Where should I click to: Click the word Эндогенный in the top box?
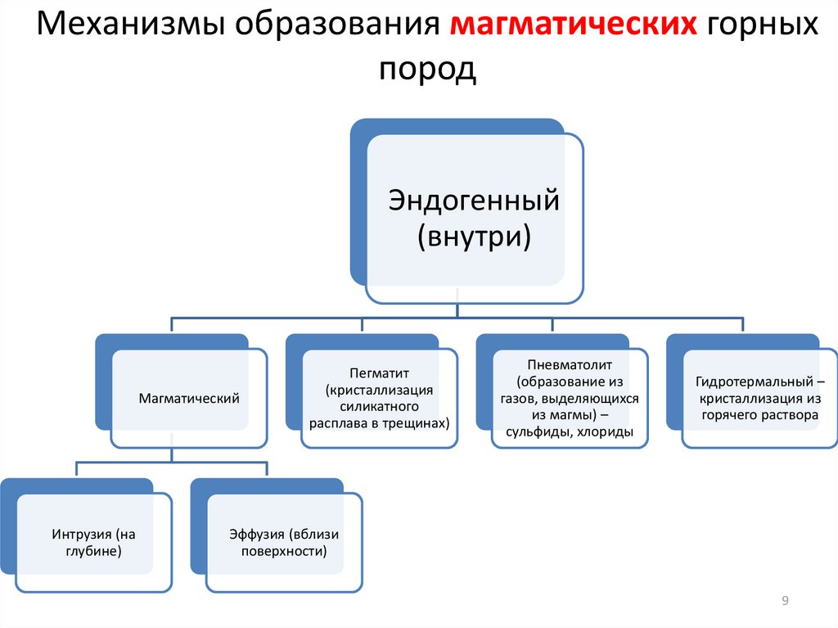point(474,201)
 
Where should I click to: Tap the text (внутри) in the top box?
point(474,237)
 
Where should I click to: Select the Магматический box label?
point(189,399)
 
